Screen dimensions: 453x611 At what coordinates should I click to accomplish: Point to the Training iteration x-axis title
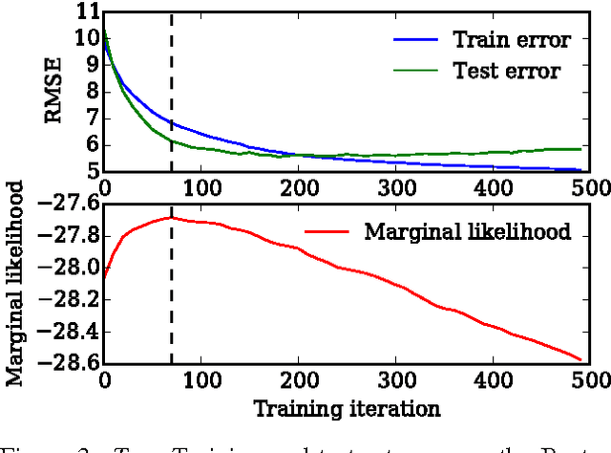(347, 409)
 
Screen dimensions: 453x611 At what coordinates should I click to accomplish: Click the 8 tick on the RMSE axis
(89, 94)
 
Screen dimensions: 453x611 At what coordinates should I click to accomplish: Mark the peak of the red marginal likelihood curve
(171, 218)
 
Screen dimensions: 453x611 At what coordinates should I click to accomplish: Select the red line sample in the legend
(330, 230)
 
